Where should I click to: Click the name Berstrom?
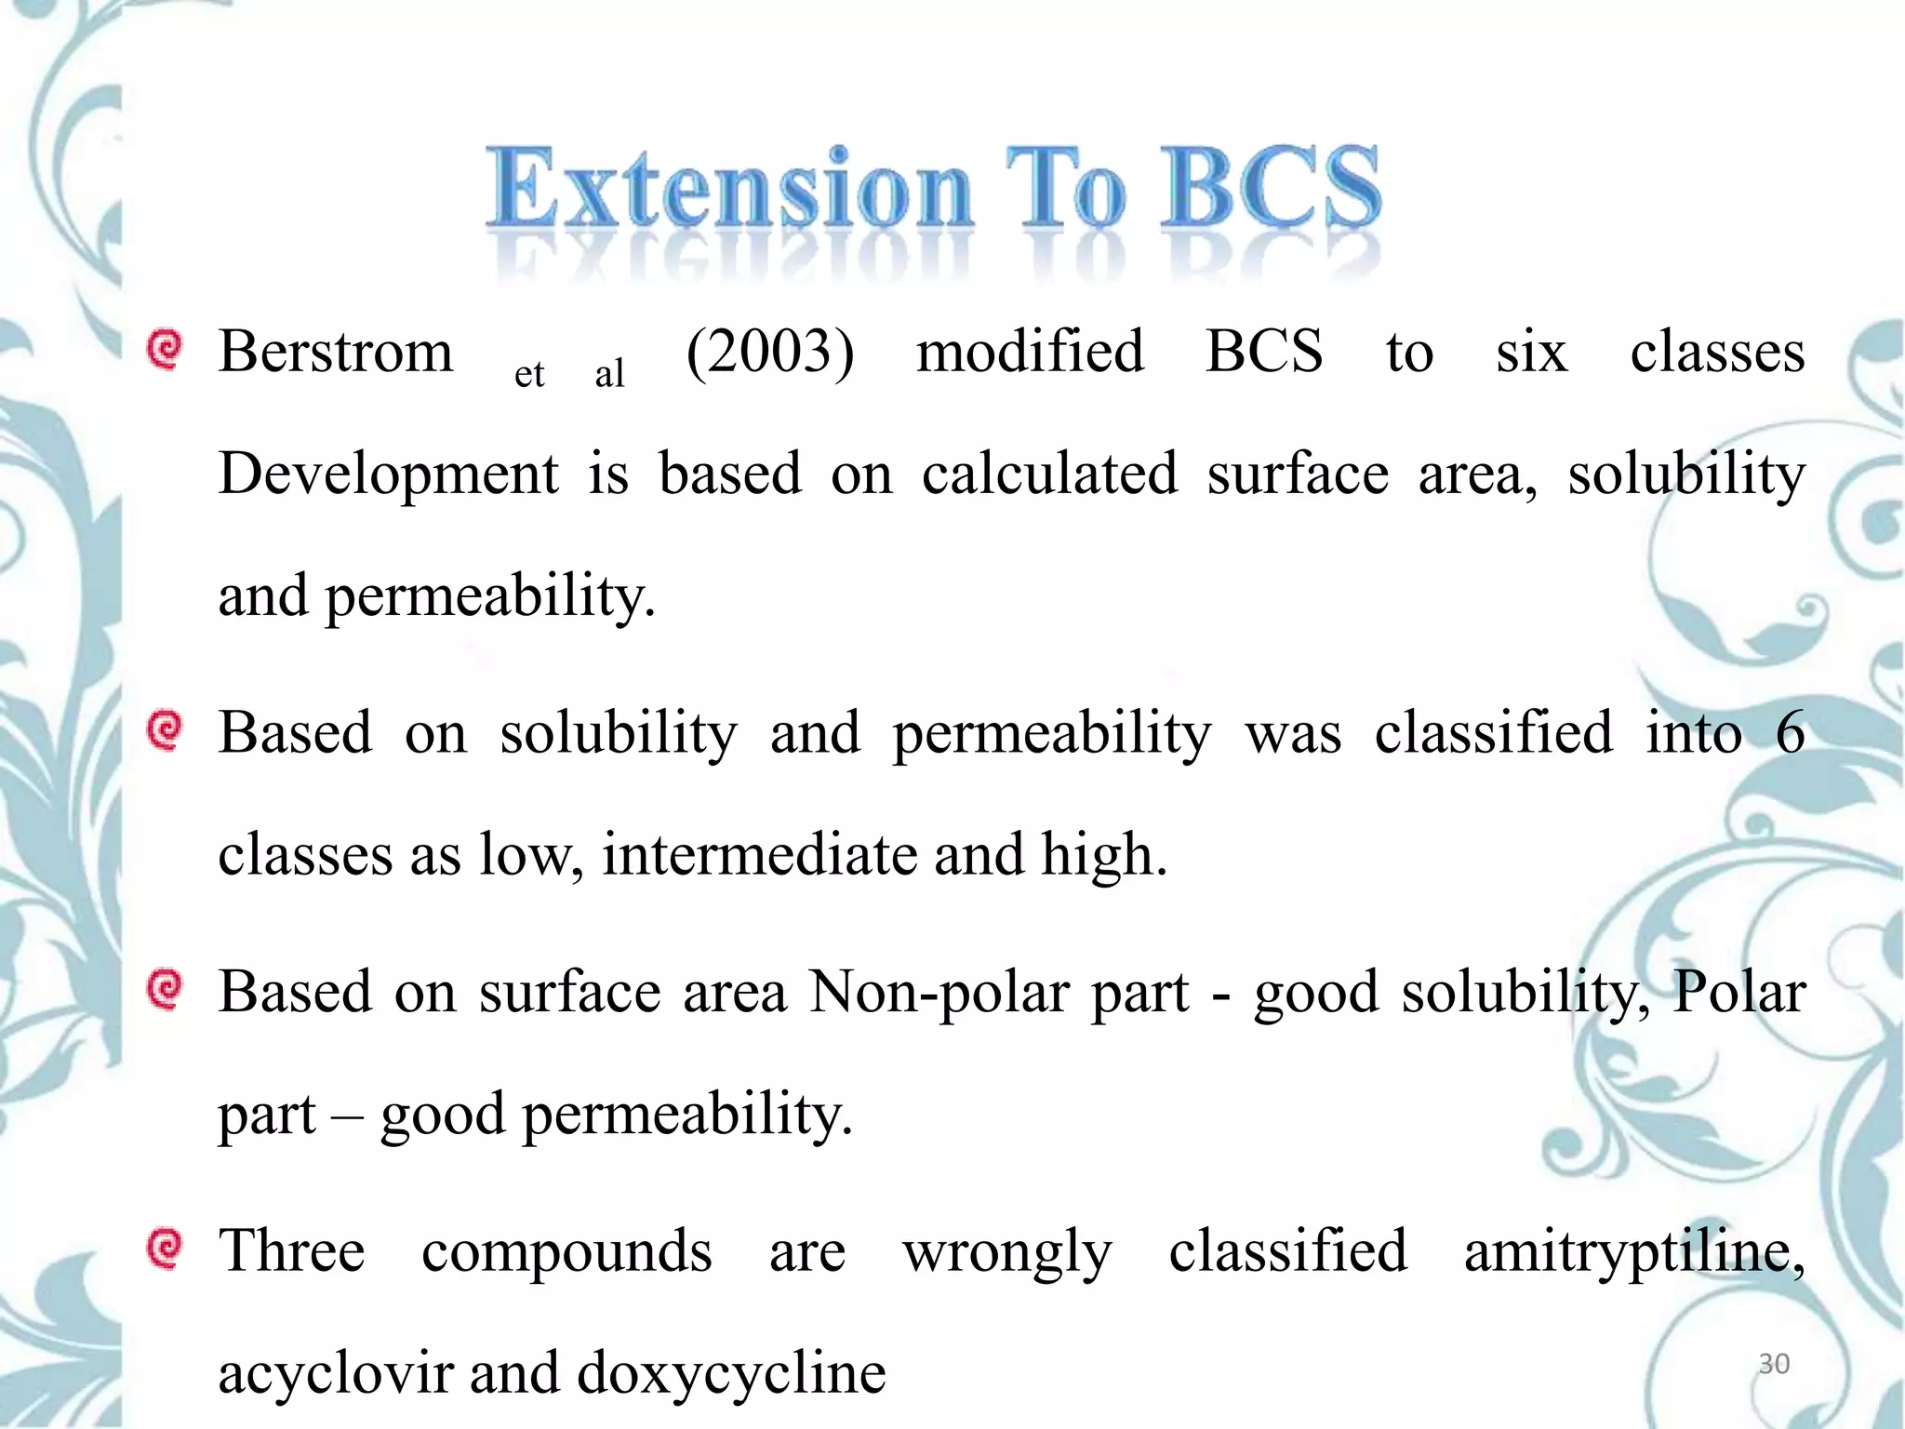(x=336, y=353)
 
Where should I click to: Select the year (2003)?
(x=769, y=353)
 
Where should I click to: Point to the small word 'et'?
(x=529, y=374)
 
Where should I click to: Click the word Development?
(x=388, y=474)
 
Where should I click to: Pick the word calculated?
(x=1049, y=474)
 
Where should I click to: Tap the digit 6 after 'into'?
(x=1790, y=732)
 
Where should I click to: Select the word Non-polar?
(x=939, y=992)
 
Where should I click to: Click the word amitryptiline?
(x=1633, y=1251)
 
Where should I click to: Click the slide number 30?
(x=1774, y=1364)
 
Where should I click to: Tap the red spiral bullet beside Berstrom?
(x=165, y=351)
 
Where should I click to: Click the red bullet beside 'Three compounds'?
(x=165, y=1249)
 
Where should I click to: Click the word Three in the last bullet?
(x=291, y=1251)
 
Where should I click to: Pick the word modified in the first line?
(x=1030, y=353)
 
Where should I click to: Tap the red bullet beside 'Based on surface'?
(x=165, y=990)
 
